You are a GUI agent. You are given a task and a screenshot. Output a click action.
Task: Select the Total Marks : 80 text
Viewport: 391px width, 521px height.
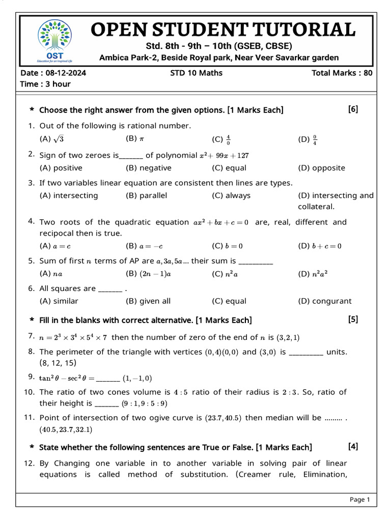342,73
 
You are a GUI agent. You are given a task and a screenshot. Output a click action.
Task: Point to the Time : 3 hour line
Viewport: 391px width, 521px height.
45,84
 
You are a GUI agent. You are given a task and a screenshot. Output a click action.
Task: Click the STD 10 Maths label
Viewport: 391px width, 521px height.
196,73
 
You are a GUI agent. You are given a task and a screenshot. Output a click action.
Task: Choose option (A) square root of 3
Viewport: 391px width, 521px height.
51,139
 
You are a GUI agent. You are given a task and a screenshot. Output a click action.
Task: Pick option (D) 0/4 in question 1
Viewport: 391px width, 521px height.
308,139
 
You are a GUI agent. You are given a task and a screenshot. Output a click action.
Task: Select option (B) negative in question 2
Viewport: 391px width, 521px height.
148,168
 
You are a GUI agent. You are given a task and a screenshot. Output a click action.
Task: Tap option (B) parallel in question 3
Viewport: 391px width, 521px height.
146,195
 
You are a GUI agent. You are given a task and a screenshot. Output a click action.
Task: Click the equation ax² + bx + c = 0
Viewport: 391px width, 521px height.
221,222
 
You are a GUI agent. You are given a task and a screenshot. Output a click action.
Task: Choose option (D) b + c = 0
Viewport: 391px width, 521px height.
320,246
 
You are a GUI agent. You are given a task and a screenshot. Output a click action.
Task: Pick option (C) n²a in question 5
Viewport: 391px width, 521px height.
225,274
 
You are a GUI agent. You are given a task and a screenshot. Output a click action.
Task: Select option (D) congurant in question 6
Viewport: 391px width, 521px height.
324,301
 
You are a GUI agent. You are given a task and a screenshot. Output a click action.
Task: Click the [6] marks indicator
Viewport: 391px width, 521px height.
353,109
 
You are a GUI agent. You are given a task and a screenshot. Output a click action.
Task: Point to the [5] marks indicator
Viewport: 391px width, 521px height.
353,320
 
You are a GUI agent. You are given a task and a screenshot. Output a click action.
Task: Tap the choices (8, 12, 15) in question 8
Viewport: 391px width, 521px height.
58,363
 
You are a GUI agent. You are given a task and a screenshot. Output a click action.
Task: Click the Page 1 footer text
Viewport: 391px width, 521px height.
359,500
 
